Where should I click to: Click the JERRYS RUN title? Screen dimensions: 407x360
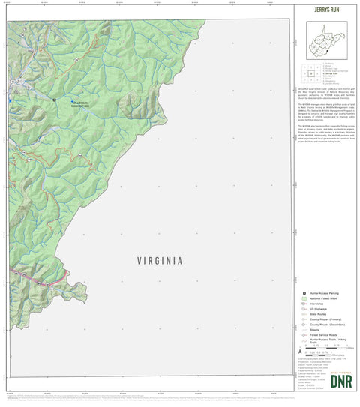pos(325,12)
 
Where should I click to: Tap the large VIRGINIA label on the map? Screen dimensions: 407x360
pos(160,261)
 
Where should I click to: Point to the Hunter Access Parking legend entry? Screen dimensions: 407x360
pos(325,293)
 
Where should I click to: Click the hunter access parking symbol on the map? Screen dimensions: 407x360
pos(55,97)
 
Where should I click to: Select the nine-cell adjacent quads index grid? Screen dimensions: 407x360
pos(310,74)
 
